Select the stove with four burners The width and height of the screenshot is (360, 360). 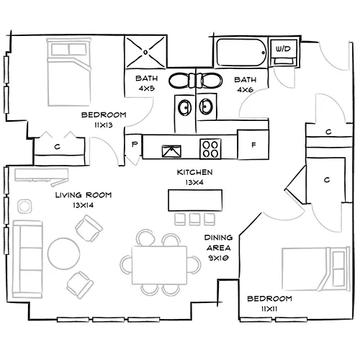(211, 149)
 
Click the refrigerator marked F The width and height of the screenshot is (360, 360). (253, 145)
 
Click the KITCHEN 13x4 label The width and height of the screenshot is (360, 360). (194, 177)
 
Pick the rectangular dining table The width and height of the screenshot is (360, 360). (162, 264)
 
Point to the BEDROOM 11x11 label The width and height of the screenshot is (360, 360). (269, 302)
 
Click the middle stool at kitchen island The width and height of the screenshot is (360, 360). (194, 217)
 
